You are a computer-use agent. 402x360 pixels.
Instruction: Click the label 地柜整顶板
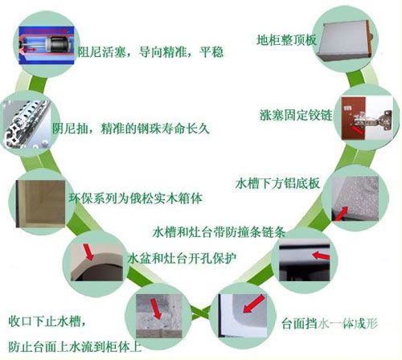[287, 40]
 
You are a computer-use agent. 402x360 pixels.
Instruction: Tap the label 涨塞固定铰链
[296, 115]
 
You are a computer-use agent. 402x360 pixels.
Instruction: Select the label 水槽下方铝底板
[277, 183]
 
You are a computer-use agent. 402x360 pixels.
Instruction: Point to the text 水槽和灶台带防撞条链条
[219, 231]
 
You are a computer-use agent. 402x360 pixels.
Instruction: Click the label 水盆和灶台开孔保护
[182, 258]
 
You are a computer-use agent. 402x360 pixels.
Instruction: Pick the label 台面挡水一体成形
[330, 323]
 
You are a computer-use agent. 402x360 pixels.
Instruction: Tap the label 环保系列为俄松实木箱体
[135, 198]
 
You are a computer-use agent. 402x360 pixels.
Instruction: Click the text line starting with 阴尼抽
[130, 129]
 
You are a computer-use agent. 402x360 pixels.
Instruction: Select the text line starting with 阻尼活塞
[150, 51]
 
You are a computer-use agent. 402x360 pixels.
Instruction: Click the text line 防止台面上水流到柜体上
[75, 346]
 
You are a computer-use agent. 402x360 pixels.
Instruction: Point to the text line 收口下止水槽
[47, 321]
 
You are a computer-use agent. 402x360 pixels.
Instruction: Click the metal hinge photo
[367, 118]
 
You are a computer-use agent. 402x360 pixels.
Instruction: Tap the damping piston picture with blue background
[46, 45]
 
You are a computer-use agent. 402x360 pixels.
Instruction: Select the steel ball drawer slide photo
[27, 125]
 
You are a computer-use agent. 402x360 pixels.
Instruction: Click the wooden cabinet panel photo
[40, 203]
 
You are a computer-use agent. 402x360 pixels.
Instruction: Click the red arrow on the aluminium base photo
[341, 214]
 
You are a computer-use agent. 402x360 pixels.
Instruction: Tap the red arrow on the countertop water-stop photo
[253, 304]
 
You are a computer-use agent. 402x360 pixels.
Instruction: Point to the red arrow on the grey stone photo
[156, 309]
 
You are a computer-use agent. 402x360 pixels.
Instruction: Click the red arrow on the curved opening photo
[88, 252]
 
